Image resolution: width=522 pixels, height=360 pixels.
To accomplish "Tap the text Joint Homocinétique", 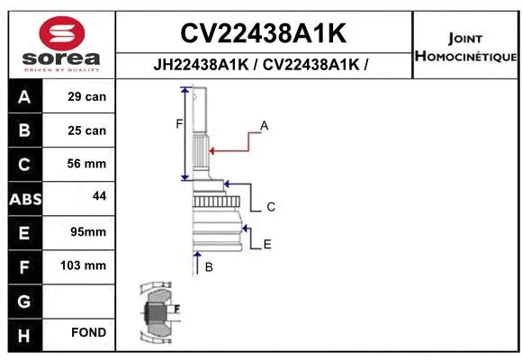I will tap(465, 48).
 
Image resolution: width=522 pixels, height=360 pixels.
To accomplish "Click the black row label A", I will tap(24, 96).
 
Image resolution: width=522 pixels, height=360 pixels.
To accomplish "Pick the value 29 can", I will tap(87, 96).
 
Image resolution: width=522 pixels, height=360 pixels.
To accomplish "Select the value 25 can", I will tap(87, 130).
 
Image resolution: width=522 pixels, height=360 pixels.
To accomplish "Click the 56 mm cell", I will tap(87, 164).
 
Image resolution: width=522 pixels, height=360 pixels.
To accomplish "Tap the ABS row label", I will tap(24, 198).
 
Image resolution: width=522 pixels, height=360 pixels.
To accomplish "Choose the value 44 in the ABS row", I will tap(99, 195).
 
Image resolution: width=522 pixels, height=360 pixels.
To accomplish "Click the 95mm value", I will tap(87, 232).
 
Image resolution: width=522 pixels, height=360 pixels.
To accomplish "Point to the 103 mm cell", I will tap(87, 265).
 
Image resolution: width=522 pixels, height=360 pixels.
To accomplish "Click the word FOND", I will tap(89, 333).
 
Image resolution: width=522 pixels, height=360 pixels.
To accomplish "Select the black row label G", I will tap(24, 300).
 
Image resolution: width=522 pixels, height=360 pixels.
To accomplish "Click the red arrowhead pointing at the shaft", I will tap(211, 149).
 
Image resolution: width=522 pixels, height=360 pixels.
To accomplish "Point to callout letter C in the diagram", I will tap(270, 207).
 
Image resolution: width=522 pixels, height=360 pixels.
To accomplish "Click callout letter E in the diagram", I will tap(267, 244).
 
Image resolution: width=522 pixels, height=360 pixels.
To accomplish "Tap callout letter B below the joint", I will tap(208, 267).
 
